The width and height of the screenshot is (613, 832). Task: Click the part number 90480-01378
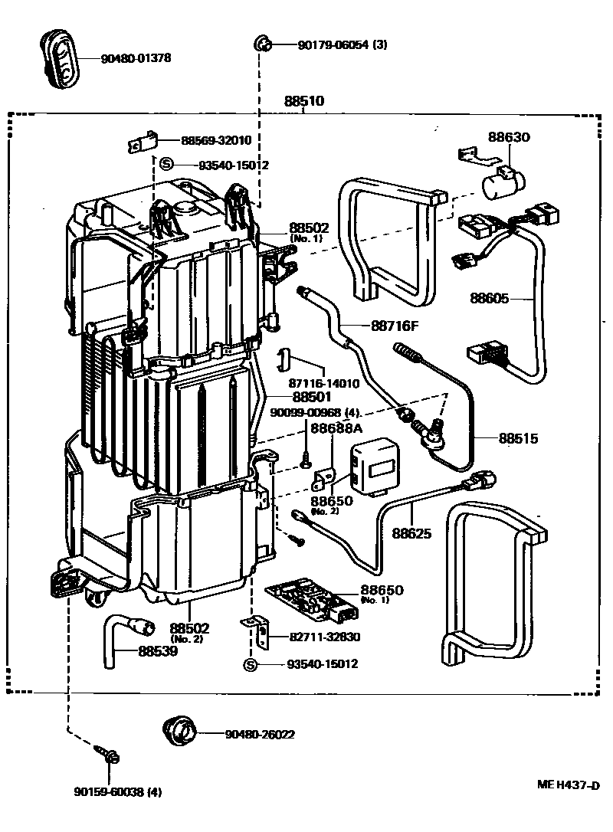pos(136,58)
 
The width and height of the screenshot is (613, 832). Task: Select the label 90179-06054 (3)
pos(343,44)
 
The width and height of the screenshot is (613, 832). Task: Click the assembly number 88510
pos(304,101)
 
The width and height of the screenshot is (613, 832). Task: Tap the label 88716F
pos(396,326)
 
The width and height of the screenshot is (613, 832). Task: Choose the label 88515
pos(519,439)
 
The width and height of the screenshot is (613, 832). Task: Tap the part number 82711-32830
pos(325,637)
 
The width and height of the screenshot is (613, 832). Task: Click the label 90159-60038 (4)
pos(117,791)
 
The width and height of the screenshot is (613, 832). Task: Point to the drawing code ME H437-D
pos(568,785)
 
